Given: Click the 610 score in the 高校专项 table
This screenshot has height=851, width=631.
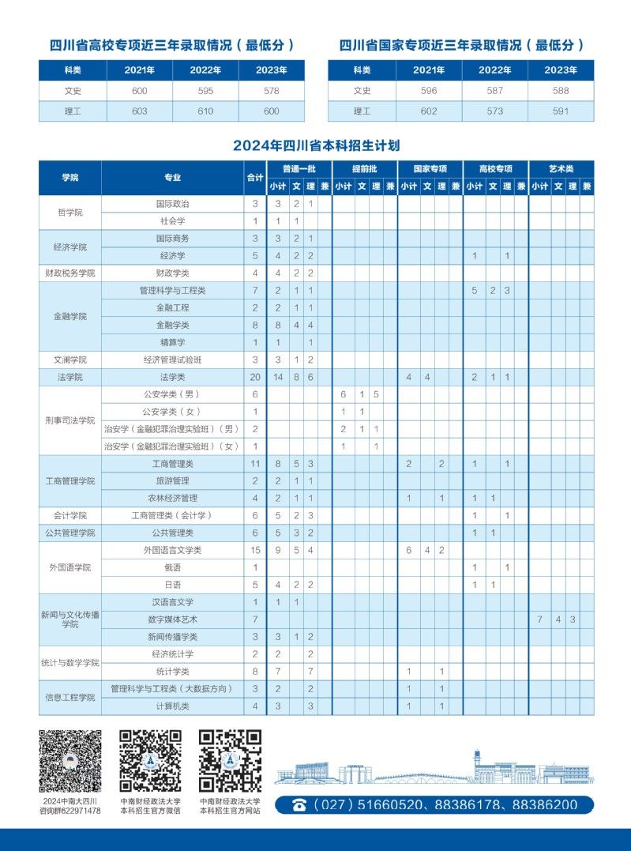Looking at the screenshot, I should pyautogui.click(x=205, y=111).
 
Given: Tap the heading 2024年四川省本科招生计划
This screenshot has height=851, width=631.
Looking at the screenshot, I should pyautogui.click(x=316, y=146).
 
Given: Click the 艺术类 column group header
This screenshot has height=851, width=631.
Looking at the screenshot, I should pyautogui.click(x=561, y=169).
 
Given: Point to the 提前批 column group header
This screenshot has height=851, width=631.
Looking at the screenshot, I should pyautogui.click(x=364, y=169).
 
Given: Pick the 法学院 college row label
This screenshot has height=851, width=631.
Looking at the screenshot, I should pyautogui.click(x=70, y=377).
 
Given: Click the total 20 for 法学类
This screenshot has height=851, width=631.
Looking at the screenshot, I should pyautogui.click(x=255, y=377).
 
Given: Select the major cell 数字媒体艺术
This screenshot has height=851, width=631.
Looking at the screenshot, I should pyautogui.click(x=172, y=619).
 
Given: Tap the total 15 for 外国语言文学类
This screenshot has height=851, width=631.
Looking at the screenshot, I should pyautogui.click(x=255, y=550).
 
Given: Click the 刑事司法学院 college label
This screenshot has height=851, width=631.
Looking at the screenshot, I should pyautogui.click(x=70, y=420).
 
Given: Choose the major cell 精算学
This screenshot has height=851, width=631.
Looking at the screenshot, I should pyautogui.click(x=172, y=342).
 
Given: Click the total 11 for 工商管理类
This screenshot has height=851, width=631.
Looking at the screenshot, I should pyautogui.click(x=255, y=464).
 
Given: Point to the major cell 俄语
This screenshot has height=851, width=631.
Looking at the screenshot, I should pyautogui.click(x=172, y=567).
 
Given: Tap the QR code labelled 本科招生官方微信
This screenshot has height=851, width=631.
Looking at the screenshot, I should pyautogui.click(x=150, y=761).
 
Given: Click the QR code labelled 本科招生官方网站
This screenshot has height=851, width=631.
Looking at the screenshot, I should pyautogui.click(x=230, y=761).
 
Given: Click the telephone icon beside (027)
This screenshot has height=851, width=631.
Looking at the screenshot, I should pyautogui.click(x=299, y=805).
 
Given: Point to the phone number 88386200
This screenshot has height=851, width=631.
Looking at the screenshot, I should pyautogui.click(x=545, y=805).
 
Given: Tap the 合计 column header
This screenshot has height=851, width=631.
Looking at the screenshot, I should pyautogui.click(x=255, y=178).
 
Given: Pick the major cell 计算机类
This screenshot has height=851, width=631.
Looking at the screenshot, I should pyautogui.click(x=172, y=706).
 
